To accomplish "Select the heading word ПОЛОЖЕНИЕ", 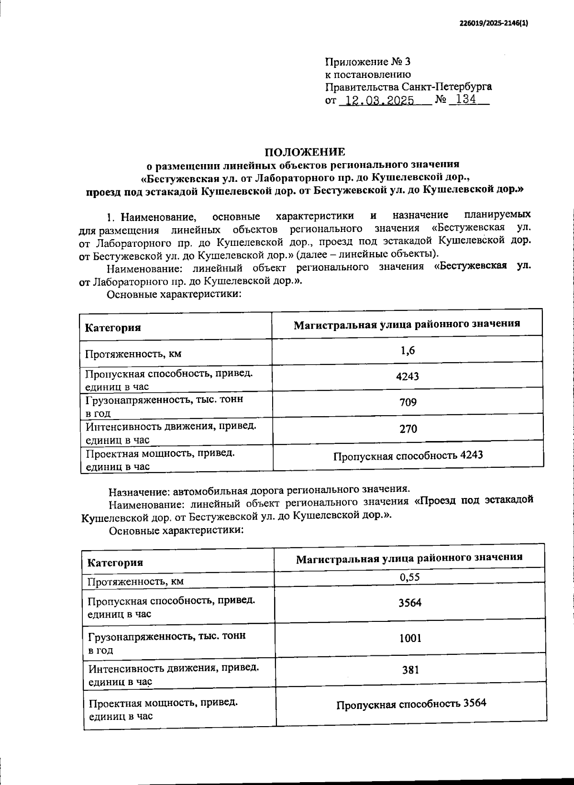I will pyautogui.click(x=305, y=152).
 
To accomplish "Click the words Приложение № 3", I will pyautogui.click(x=367, y=62).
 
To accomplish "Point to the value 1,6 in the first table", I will pyautogui.click(x=408, y=351).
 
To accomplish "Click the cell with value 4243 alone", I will pyautogui.click(x=408, y=376).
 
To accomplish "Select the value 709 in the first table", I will pyautogui.click(x=408, y=402).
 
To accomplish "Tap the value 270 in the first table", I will pyautogui.click(x=408, y=429).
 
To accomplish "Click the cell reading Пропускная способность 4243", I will pyautogui.click(x=408, y=455).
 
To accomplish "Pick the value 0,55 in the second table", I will pyautogui.click(x=410, y=577).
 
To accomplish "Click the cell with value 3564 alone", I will pyautogui.click(x=410, y=603).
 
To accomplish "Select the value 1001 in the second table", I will pyautogui.click(x=410, y=638).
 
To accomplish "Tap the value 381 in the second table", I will pyautogui.click(x=410, y=670).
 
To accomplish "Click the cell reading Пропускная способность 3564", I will pyautogui.click(x=411, y=704).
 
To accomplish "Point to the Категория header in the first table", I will pyautogui.click(x=113, y=328).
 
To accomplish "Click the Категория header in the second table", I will pyautogui.click(x=115, y=563).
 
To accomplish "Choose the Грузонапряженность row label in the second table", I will pyautogui.click(x=167, y=637).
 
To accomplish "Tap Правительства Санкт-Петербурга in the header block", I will pyautogui.click(x=408, y=87).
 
